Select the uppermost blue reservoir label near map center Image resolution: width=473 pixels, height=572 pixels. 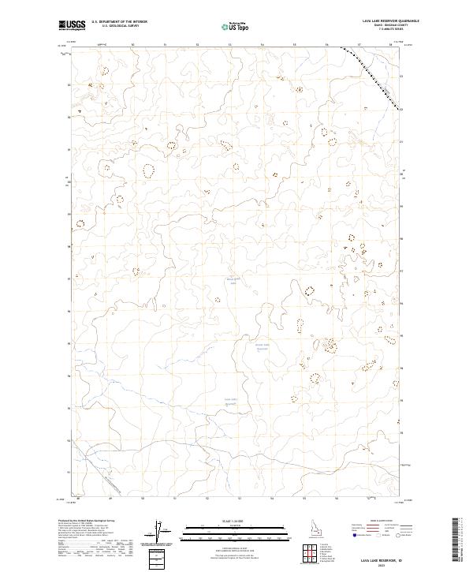[232, 280]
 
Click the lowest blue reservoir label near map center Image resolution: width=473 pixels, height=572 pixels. [230, 402]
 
